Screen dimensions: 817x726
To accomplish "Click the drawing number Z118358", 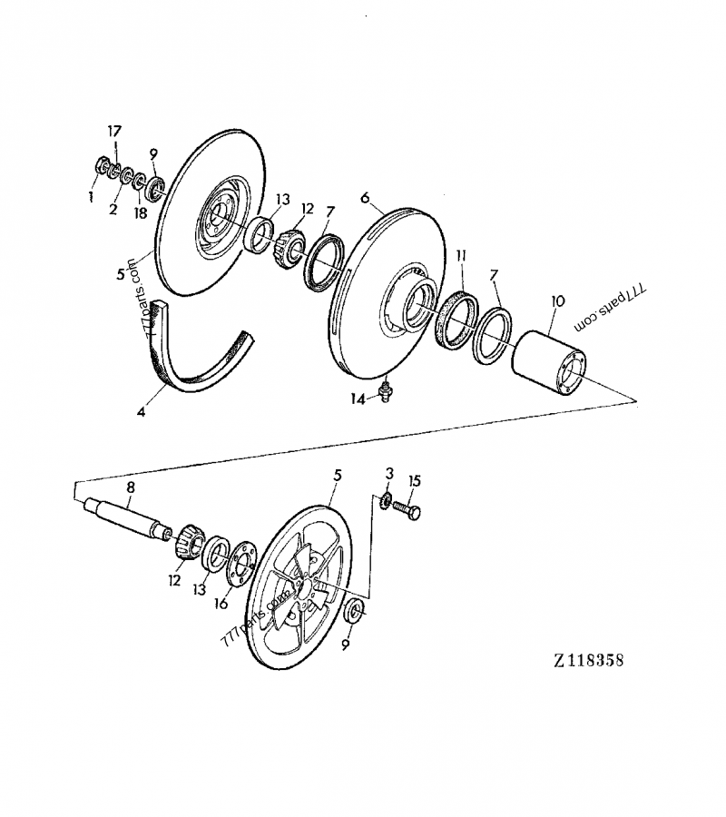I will (585, 660).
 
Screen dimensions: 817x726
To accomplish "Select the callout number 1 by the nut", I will (92, 194).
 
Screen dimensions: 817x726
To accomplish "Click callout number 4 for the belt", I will (141, 411).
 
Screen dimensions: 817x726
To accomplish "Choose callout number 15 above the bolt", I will (415, 480).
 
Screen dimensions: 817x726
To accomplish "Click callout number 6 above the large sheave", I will (365, 197).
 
